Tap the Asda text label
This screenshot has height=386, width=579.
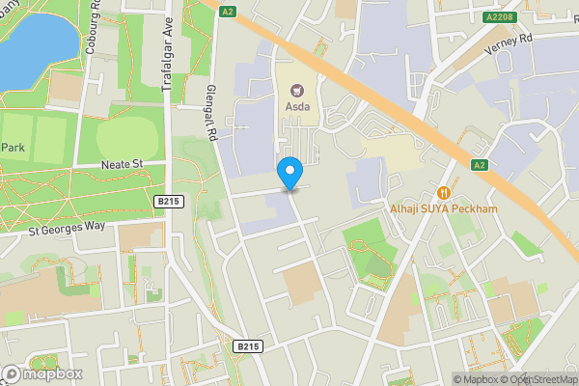tap(296, 107)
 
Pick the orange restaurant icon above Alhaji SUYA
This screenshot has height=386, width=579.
tap(445, 191)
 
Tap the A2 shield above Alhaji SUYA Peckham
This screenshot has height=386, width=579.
tap(478, 165)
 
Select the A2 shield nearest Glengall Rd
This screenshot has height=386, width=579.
tap(228, 11)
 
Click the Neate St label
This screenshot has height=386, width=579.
tap(122, 165)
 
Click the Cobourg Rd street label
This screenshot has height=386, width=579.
tap(95, 29)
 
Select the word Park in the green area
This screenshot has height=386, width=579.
tap(13, 148)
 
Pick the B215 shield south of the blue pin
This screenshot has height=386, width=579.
tap(248, 345)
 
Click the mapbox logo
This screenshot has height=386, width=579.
tap(41, 373)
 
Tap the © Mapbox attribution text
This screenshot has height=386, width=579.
tap(475, 379)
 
